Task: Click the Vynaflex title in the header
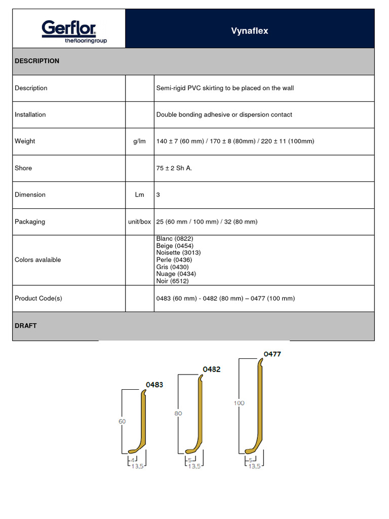pos(249,31)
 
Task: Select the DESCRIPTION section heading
pos(37,61)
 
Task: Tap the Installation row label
pos(30,115)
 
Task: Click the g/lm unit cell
pos(139,141)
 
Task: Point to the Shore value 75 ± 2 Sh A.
pos(174,168)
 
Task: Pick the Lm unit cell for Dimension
pos(139,195)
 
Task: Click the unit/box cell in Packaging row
pos(139,221)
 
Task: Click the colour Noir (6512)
pos(173,281)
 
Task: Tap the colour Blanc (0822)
pos(175,238)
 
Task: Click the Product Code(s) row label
pos(38,299)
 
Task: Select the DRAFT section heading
pos(26,326)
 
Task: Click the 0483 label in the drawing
pos(154,385)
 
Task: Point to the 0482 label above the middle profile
pos(212,369)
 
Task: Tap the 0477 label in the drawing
pos(272,354)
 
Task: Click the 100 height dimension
pos(239,403)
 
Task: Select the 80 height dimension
pos(178,414)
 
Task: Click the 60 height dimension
pos(122,421)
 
